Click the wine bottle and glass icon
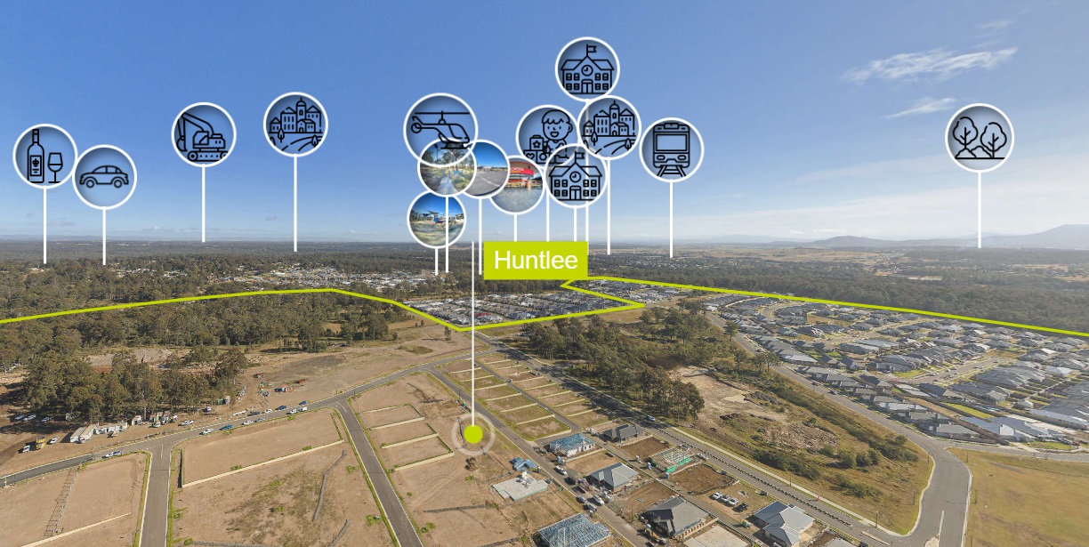[x=44, y=156]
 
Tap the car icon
[x=104, y=177]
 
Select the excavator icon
[x=204, y=135]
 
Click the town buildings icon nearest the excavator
[x=295, y=125]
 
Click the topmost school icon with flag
[x=587, y=68]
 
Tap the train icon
[x=671, y=149]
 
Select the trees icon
[x=980, y=138]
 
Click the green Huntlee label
[x=536, y=261]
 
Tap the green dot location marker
[x=473, y=434]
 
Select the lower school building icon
[x=576, y=176]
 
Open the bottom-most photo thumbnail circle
[x=436, y=219]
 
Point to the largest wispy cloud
[x=930, y=64]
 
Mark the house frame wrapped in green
[x=674, y=460]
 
